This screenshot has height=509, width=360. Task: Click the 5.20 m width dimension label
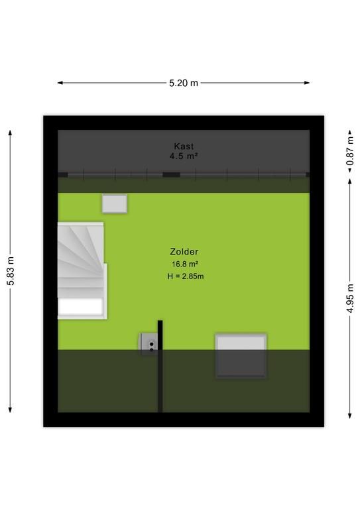[184, 83]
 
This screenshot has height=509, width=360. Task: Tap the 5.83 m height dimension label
[11, 271]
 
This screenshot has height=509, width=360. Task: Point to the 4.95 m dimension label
[350, 298]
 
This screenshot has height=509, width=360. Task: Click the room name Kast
[184, 146]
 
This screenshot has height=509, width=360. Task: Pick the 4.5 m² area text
[184, 156]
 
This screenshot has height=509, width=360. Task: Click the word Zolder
[184, 252]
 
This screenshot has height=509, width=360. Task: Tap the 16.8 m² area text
[185, 264]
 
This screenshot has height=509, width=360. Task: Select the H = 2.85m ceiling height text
[186, 276]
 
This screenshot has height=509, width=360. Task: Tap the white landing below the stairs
[80, 307]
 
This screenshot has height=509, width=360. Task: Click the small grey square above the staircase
[115, 203]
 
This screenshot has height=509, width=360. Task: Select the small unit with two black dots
[149, 343]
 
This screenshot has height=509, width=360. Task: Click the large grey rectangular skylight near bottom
[241, 356]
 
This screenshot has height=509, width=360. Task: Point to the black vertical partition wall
[160, 366]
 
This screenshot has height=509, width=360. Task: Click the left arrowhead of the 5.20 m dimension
[60, 83]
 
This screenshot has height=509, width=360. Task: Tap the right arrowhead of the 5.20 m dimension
[307, 83]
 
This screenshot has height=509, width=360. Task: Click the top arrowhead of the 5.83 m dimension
[10, 133]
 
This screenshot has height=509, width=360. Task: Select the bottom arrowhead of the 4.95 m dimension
[350, 416]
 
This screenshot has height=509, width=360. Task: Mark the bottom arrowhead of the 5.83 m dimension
[10, 410]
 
